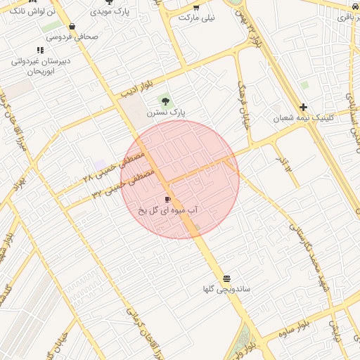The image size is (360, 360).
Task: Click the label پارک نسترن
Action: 165,112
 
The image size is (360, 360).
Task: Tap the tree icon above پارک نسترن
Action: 165,102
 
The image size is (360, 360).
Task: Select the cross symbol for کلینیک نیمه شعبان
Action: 303,108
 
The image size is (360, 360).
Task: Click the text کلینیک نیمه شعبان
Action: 302,118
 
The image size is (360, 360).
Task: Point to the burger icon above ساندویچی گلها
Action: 226,279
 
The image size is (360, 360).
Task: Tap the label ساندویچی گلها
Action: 226,289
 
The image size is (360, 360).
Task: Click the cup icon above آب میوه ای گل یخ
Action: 167,200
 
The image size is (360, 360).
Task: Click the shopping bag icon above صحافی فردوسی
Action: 73,27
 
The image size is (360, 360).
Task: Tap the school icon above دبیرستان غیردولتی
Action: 40,51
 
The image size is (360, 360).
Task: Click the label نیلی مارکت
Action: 195,17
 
